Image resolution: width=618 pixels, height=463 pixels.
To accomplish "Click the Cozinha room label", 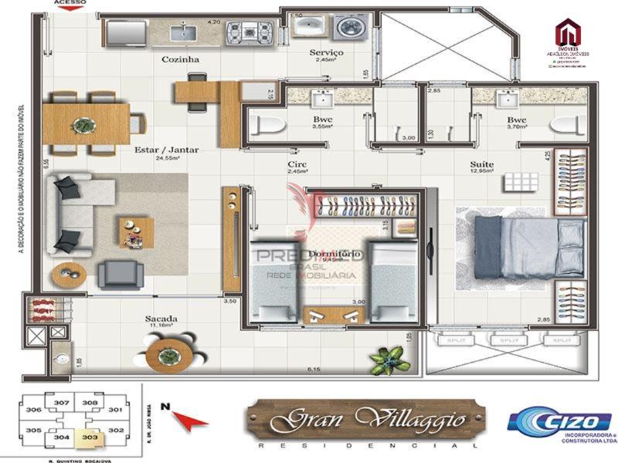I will click(181, 59).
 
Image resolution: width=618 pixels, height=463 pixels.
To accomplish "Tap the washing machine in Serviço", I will click(352, 29).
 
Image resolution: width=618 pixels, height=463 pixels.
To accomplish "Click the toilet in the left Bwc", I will click(267, 124).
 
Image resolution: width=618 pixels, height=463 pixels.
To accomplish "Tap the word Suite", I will click(483, 164).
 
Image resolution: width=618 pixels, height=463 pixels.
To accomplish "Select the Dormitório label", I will click(333, 253).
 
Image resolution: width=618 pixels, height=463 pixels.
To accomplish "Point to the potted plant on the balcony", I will click(386, 358).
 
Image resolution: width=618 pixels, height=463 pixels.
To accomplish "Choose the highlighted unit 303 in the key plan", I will click(92, 438).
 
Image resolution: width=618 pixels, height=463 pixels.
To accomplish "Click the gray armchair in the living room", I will click(120, 273).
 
